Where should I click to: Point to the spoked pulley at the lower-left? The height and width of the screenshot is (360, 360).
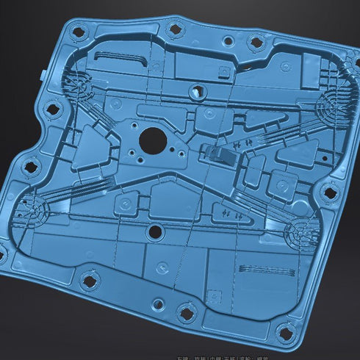point(32,212)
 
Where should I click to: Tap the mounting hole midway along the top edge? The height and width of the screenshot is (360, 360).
point(175,30)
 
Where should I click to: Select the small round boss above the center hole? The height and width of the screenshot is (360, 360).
point(197,93)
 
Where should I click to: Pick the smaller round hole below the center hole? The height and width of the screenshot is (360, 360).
point(154,232)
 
